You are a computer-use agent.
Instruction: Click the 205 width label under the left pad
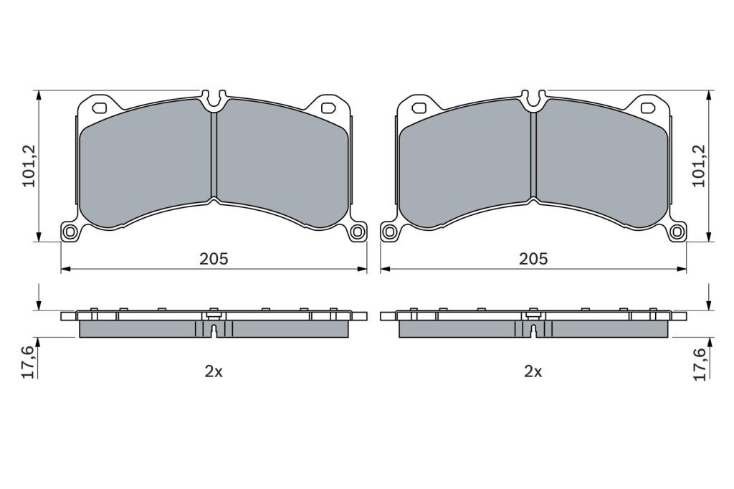coord(214,259)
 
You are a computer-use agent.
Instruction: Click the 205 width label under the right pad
coord(533,259)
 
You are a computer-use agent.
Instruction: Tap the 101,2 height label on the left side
coord(29,166)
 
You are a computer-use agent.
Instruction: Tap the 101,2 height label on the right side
coord(700,166)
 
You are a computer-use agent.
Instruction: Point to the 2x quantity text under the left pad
coord(214,371)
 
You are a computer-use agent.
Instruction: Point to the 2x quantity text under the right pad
coord(533,371)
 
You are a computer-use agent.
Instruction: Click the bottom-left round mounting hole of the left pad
coord(71,232)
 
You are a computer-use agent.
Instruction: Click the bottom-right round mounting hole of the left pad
coord(357,232)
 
